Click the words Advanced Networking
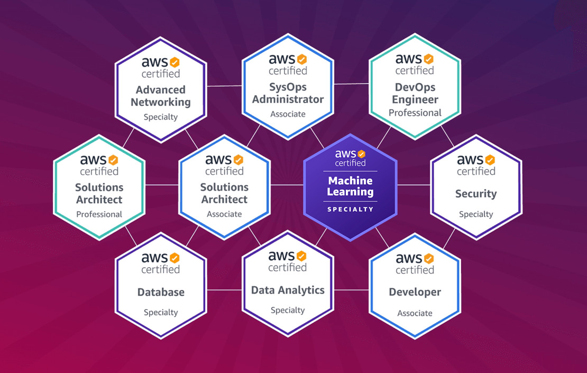point(161,96)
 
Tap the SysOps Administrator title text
point(288,93)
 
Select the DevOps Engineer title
point(415,93)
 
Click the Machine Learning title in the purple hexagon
point(350,186)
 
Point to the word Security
point(476,194)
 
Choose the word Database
point(161,292)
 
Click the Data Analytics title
point(288,290)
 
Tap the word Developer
point(415,292)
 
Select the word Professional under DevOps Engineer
point(415,113)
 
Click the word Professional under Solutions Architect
point(99,214)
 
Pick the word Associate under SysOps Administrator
point(288,114)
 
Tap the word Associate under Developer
point(415,313)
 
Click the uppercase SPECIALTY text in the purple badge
point(350,209)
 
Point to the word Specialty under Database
point(161,313)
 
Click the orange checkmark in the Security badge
point(490,159)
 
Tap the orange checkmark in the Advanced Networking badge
point(175,62)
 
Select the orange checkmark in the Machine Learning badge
point(361,154)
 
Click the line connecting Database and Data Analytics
point(224,290)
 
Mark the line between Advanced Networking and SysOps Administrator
point(224,85)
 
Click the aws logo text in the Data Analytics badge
point(281,257)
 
